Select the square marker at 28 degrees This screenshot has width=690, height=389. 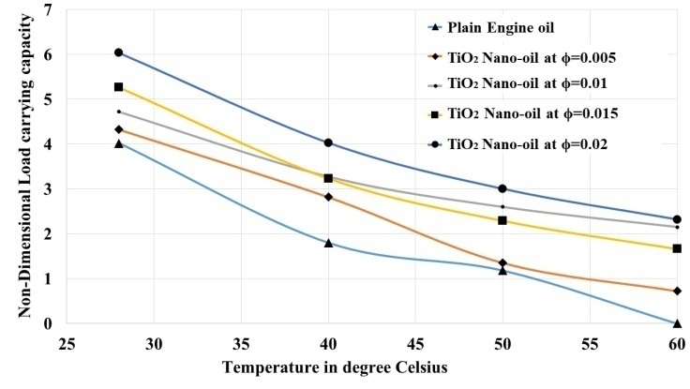click(119, 87)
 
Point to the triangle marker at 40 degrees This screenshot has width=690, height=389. click(328, 243)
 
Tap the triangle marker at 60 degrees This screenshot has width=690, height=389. click(677, 323)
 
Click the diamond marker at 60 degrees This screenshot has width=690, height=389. click(677, 292)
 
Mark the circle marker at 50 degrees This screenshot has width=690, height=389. click(502, 188)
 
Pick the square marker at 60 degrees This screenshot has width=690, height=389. click(677, 248)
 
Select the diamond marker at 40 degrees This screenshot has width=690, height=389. click(328, 197)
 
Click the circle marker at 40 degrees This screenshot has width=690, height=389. click(328, 142)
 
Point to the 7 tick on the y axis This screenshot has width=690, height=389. click(48, 9)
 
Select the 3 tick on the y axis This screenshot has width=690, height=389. click(48, 188)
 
